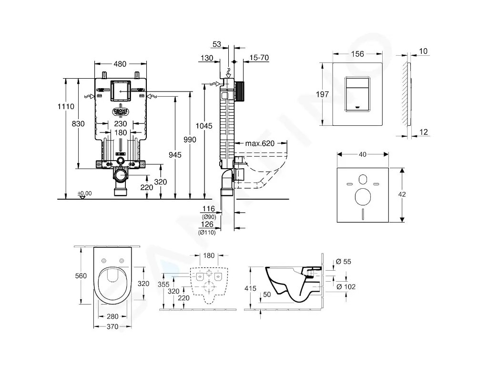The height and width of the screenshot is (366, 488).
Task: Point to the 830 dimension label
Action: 78,123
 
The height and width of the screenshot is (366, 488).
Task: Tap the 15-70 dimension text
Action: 259,58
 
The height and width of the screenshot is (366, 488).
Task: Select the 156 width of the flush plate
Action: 357,54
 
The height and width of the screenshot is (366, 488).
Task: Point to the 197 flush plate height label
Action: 323,94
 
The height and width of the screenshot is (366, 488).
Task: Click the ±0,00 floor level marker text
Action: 85,193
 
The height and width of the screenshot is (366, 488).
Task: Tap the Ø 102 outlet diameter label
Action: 346,286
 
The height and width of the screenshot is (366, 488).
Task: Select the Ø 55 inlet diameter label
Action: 344,262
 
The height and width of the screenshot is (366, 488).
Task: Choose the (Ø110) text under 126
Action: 207,233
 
